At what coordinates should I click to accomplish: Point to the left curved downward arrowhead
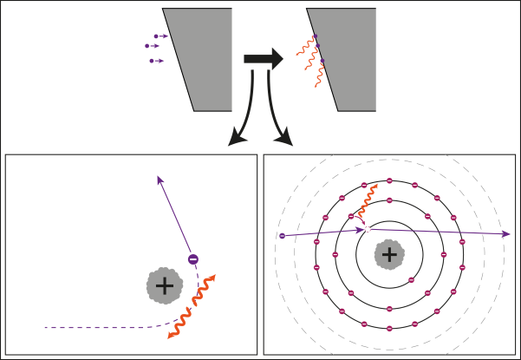(233, 139)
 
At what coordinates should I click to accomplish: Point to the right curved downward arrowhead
(286, 139)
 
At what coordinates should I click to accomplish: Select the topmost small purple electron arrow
(160, 36)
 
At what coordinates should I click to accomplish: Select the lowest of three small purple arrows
(156, 61)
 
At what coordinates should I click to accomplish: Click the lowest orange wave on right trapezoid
(319, 75)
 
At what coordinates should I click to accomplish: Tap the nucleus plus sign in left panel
(164, 285)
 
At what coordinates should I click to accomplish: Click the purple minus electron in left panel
(193, 259)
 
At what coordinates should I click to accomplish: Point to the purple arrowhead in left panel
(160, 180)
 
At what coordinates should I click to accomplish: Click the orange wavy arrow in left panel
(192, 306)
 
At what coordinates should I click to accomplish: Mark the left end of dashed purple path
(46, 327)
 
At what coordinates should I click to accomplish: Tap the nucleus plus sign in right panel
(389, 254)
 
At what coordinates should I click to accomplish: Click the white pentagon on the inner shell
(368, 229)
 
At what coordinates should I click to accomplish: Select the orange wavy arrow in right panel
(367, 201)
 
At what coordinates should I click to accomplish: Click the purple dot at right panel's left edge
(282, 235)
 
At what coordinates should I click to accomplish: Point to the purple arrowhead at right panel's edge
(505, 233)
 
